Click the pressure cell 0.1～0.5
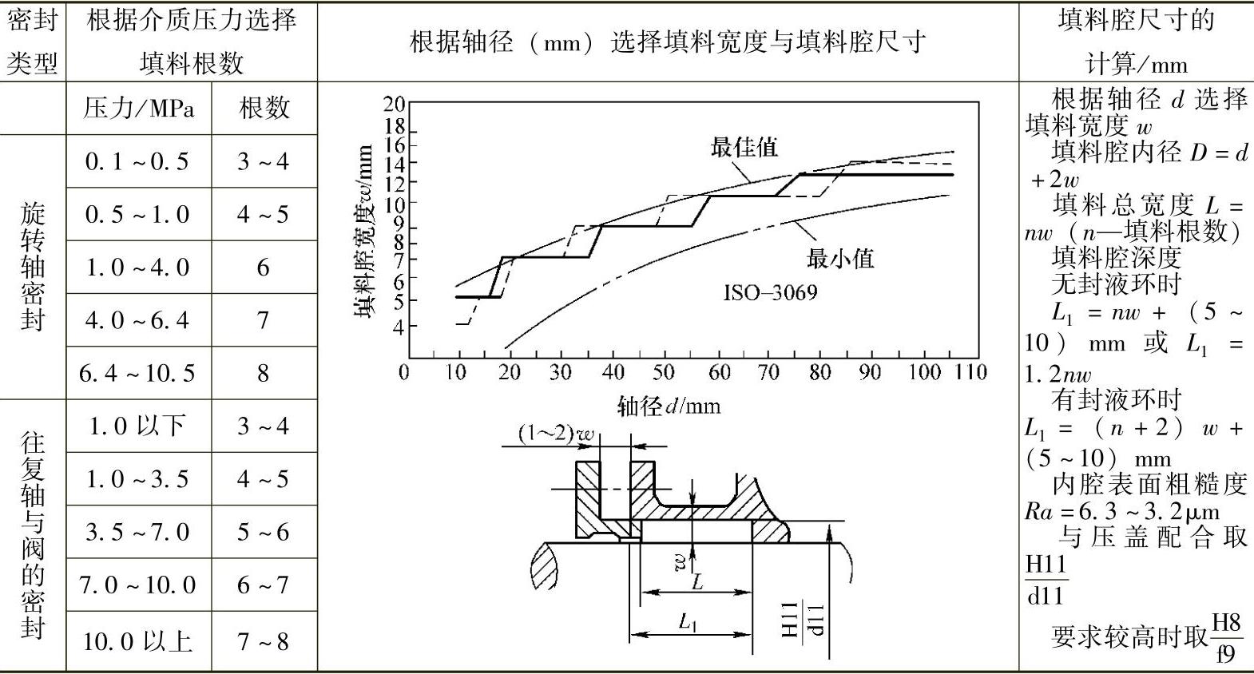point(137,161)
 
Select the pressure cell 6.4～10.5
point(137,373)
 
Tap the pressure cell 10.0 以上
point(137,641)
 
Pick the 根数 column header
point(264,108)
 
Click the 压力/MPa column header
point(138,108)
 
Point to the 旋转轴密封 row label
point(32,267)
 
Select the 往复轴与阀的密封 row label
point(32,535)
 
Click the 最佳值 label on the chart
point(744,147)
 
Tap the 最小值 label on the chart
point(840,258)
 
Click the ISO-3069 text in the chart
point(770,292)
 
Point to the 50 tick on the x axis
point(664,372)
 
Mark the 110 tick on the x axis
point(971,372)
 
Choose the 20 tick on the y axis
point(395,104)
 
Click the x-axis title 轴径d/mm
point(669,406)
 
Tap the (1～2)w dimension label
point(557,434)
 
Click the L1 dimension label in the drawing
point(688,622)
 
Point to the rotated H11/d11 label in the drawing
point(802,619)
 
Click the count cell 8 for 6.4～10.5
point(264,373)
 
